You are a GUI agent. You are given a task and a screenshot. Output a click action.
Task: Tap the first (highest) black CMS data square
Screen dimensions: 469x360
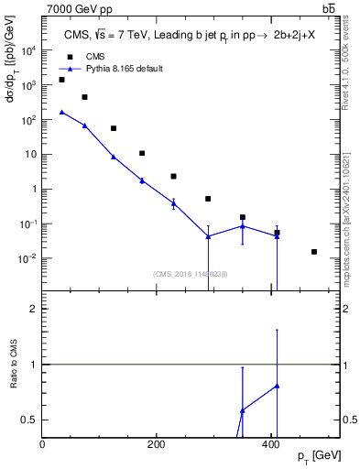(x=61, y=80)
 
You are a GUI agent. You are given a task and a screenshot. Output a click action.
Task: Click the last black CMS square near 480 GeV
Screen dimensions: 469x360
(x=314, y=252)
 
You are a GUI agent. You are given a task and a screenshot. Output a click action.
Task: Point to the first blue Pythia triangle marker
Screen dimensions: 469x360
(x=61, y=112)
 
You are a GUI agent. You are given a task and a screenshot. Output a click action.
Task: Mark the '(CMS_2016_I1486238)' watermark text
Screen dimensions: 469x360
(x=191, y=273)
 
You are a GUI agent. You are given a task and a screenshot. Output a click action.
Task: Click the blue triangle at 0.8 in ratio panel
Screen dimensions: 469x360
(x=277, y=386)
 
